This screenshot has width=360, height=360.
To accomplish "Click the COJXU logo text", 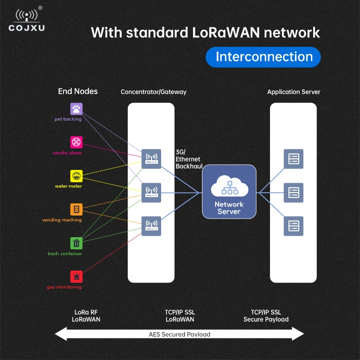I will pyautogui.click(x=27, y=28).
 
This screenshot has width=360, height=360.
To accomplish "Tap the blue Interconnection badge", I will pyautogui.click(x=263, y=57).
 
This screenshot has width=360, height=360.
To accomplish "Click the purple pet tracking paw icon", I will pyautogui.click(x=76, y=109).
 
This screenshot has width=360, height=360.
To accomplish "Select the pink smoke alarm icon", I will pyautogui.click(x=76, y=142).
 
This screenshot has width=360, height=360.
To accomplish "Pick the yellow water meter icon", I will pyautogui.click(x=76, y=175).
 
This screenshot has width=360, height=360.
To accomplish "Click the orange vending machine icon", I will pyautogui.click(x=76, y=209).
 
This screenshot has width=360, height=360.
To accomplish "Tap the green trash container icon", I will pyautogui.click(x=76, y=243).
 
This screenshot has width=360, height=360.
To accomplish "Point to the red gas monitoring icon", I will pyautogui.click(x=76, y=276).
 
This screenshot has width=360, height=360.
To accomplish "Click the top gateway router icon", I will pyautogui.click(x=151, y=159).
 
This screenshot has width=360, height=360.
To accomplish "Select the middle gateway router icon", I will pyautogui.click(x=151, y=193).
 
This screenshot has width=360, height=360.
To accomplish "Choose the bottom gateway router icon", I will pyautogui.click(x=151, y=226).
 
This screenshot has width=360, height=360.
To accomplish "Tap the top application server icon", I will pyautogui.click(x=293, y=159).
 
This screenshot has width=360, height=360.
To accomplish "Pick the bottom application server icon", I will pyautogui.click(x=293, y=226).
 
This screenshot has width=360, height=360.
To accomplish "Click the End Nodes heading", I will pyautogui.click(x=78, y=91).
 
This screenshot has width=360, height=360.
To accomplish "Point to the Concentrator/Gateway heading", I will pyautogui.click(x=153, y=92).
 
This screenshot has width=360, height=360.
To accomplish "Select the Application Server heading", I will pyautogui.click(x=294, y=92).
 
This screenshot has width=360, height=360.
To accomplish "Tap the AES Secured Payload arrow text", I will pyautogui.click(x=180, y=334).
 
